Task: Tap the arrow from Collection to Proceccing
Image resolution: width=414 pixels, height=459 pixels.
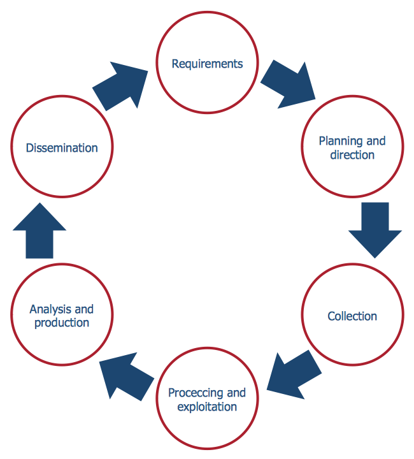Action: (x=294, y=372)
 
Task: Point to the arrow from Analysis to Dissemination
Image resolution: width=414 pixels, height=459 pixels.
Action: (x=39, y=231)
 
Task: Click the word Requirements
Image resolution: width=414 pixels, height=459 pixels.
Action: (x=208, y=64)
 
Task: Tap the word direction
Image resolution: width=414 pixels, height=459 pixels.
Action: (x=352, y=155)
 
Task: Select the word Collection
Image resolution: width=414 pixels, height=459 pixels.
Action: (x=352, y=316)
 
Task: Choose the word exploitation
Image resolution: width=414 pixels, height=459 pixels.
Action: (x=208, y=407)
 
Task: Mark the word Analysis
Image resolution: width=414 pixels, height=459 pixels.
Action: (x=48, y=309)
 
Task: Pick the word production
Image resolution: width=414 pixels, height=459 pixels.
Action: (x=62, y=323)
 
